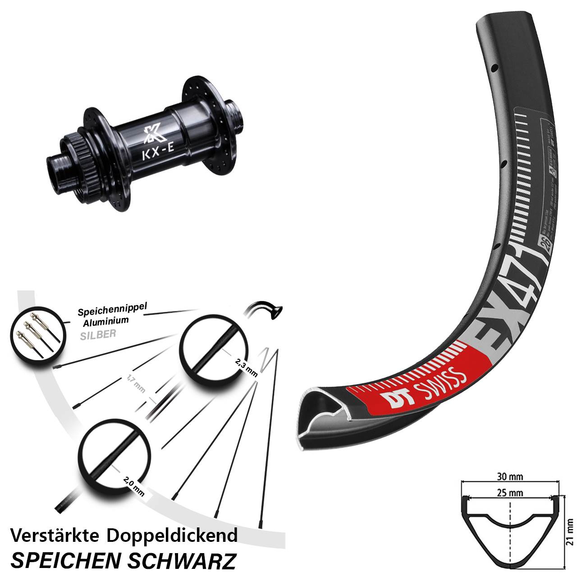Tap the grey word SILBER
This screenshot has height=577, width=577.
tap(98, 334)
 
